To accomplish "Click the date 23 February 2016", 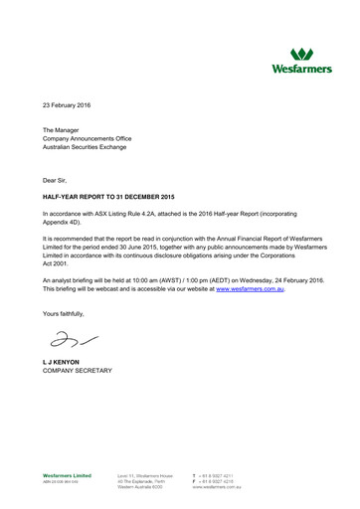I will [74, 104].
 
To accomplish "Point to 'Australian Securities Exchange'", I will [92, 151].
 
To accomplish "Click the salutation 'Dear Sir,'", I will [58, 179].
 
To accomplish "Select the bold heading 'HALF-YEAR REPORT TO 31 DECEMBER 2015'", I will [108, 197].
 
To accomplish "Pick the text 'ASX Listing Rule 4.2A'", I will [130, 214].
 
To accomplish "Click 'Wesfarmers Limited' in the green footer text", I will [67, 475].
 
